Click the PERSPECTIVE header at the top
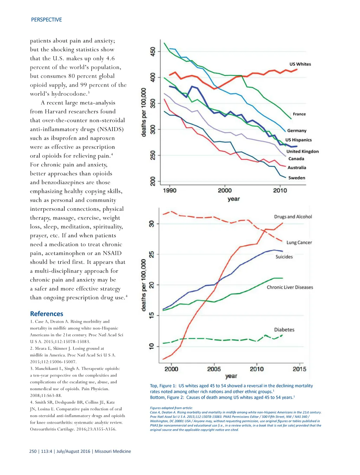[x=46, y=20]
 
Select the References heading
[x=46, y=313]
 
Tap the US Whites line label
[x=300, y=64]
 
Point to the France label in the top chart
[x=299, y=114]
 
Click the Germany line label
[x=297, y=131]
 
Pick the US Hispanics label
[x=298, y=140]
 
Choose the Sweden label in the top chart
[x=297, y=178]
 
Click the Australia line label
[x=297, y=167]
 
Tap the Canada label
[x=296, y=159]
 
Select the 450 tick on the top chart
[x=153, y=51]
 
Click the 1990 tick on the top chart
[x=170, y=190]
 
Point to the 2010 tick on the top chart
[x=280, y=190]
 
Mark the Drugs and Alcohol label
[x=293, y=217]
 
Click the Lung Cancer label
[x=299, y=242]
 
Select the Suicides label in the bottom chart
[x=284, y=257]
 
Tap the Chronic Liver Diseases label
[x=290, y=287]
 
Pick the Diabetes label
[x=284, y=330]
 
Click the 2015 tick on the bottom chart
[x=300, y=369]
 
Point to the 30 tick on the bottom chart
[x=152, y=224]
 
